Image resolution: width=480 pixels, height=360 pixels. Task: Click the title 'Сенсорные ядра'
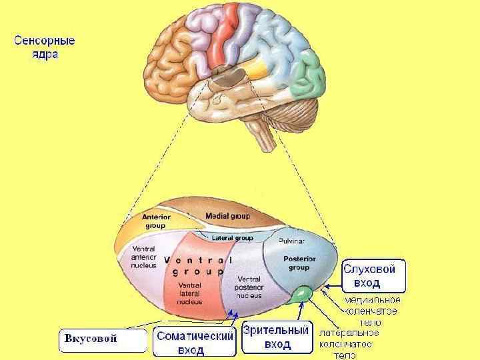click(45, 46)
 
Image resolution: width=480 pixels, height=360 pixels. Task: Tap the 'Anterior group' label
click(155, 221)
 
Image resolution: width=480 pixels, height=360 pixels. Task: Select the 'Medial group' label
click(227, 216)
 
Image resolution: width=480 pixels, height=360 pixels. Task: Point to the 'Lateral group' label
click(232, 238)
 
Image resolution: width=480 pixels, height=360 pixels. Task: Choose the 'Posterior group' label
click(299, 263)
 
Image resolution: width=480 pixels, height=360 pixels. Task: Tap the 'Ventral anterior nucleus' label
click(144, 257)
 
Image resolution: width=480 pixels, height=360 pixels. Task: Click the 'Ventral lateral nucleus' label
click(189, 293)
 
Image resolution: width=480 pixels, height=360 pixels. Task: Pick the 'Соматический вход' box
click(194, 343)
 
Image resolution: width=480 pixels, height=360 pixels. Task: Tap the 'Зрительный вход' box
click(277, 337)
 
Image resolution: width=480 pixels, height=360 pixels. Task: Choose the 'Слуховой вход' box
click(373, 275)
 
